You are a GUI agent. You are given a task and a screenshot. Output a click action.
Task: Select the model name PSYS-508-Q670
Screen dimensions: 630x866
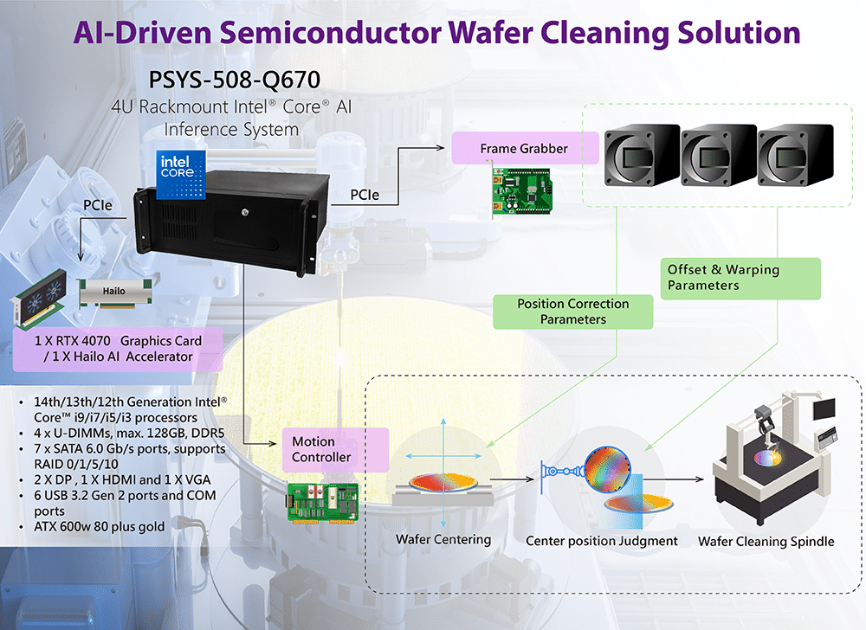point(235,80)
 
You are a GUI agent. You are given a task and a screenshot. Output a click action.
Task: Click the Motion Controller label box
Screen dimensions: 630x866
point(325,449)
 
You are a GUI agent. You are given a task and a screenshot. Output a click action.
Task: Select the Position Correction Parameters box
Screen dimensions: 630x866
point(572,312)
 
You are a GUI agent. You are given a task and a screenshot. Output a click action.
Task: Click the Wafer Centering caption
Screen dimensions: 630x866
point(443,540)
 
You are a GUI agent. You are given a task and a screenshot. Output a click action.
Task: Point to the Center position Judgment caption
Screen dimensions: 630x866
point(602,542)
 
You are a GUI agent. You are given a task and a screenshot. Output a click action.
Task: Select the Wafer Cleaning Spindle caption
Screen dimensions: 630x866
point(766,542)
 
